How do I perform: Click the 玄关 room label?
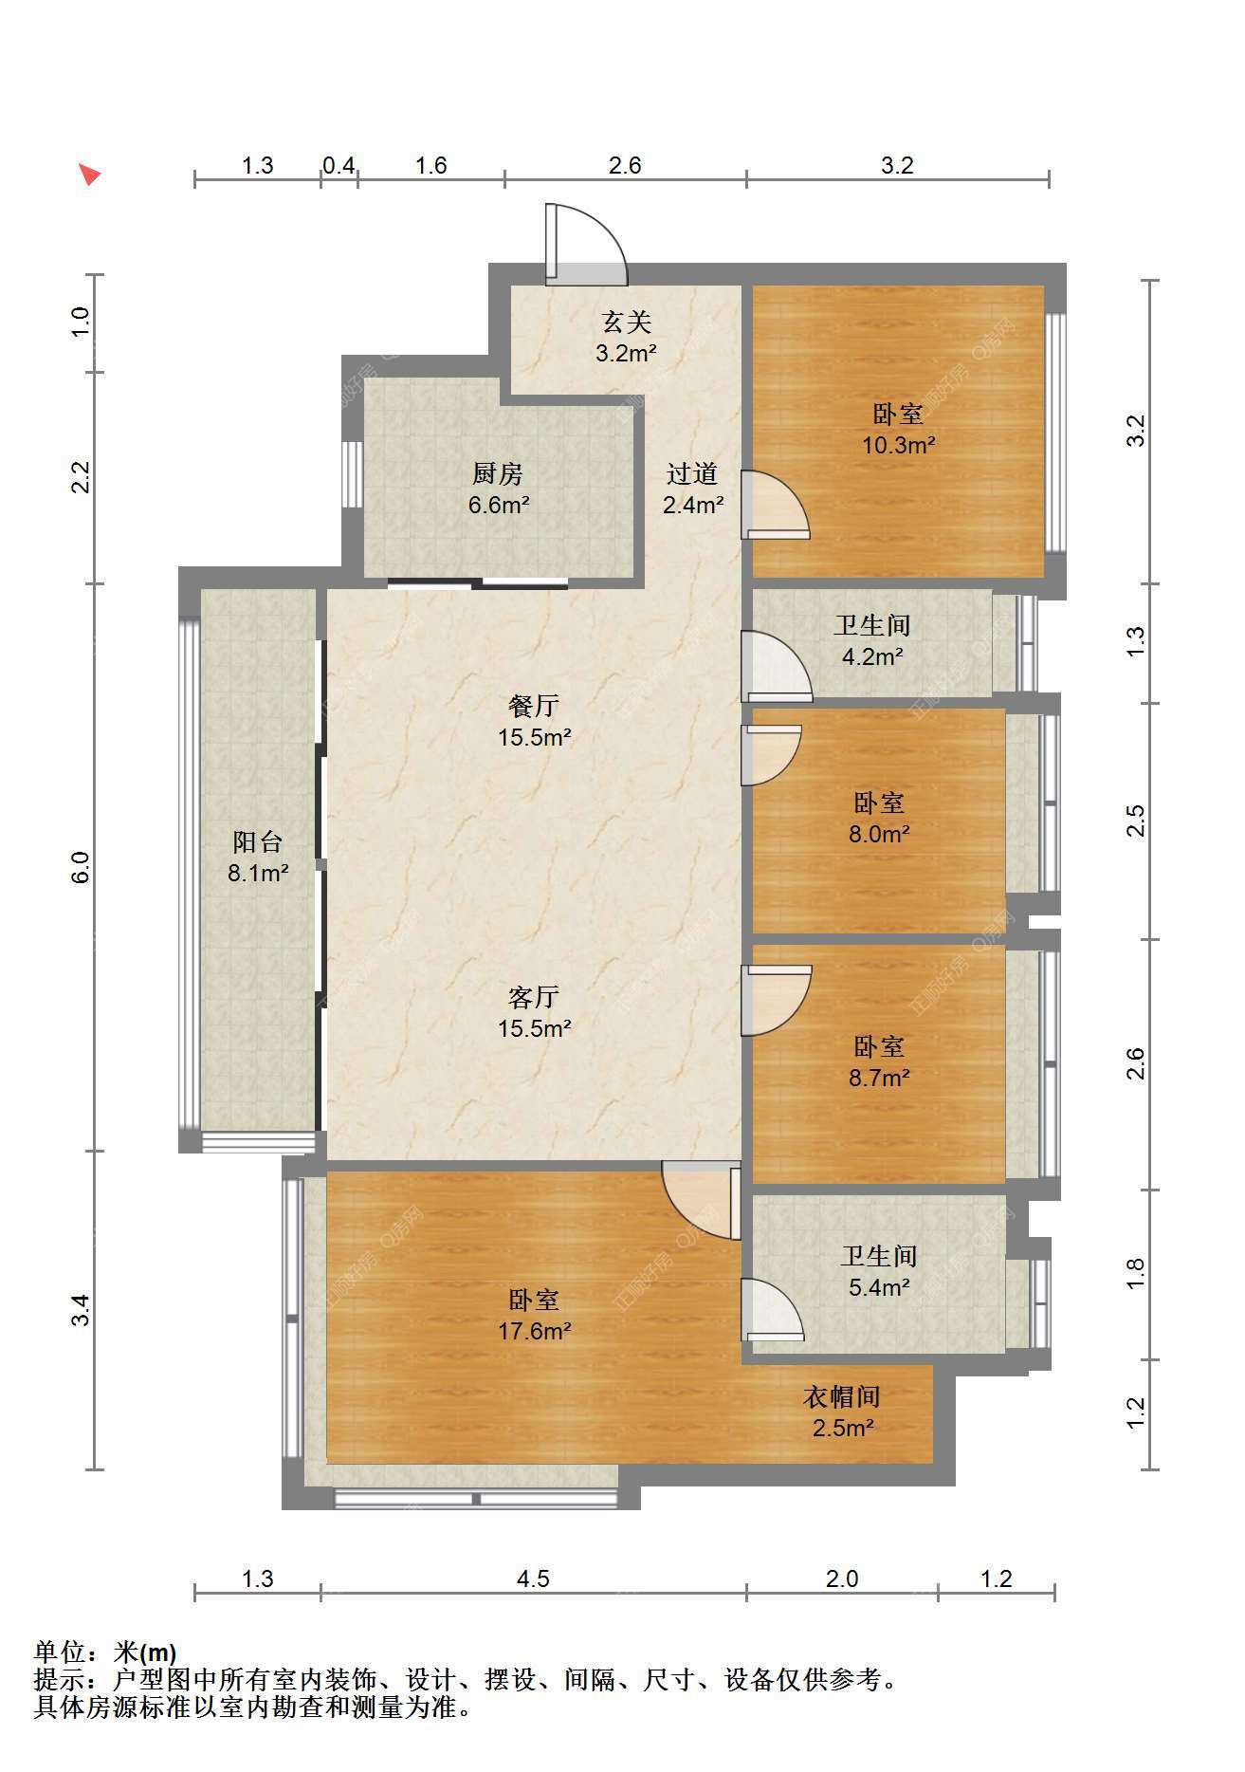627,323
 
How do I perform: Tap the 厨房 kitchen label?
498,473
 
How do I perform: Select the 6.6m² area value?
499,505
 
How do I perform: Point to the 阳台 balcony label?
258,841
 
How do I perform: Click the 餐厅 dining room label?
534,706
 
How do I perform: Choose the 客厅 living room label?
534,997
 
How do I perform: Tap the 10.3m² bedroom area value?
899,445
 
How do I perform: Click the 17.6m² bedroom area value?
535,1331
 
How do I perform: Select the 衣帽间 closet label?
842,1396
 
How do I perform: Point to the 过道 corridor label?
692,473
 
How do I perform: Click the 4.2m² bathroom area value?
872,656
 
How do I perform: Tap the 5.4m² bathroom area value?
879,1287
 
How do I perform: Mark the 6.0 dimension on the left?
82,868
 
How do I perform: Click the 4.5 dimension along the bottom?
533,1579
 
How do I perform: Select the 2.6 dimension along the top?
625,166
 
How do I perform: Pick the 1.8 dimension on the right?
1136,1274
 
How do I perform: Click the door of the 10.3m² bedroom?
776,505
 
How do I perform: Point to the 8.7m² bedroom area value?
879,1078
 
